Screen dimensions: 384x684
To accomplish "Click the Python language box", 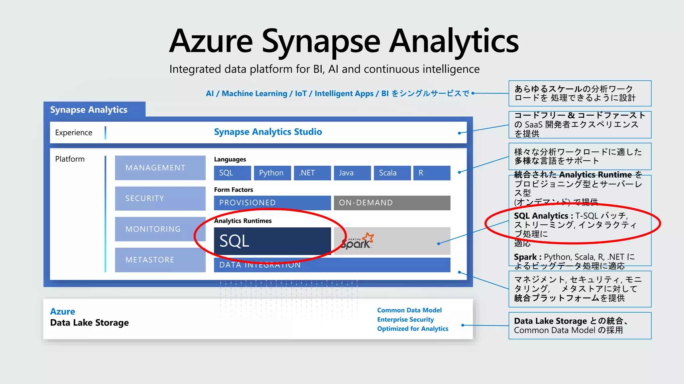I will [272, 173].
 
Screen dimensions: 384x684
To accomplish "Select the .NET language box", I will [312, 173].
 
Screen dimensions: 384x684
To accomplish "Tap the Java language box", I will [352, 173].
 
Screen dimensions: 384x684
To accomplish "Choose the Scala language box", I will [392, 173].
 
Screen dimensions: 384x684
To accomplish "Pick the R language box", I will [432, 173].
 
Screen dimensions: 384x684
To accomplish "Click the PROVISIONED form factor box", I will [272, 203].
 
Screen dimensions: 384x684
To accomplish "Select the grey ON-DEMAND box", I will [392, 203].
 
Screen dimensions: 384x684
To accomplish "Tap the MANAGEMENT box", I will [160, 168].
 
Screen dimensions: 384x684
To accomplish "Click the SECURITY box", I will [160, 198].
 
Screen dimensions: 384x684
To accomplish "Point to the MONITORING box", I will [160, 229].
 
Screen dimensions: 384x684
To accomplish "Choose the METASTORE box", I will [160, 260].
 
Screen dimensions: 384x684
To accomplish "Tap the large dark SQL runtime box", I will [272, 241].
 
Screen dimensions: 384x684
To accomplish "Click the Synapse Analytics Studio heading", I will [268, 132].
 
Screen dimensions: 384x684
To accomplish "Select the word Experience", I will [73, 133].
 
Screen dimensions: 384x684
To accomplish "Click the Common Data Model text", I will [409, 310].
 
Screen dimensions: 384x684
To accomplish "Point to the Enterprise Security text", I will [405, 320].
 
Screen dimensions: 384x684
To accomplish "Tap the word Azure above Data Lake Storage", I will [62, 312].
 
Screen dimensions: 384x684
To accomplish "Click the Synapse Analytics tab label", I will [89, 110].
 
